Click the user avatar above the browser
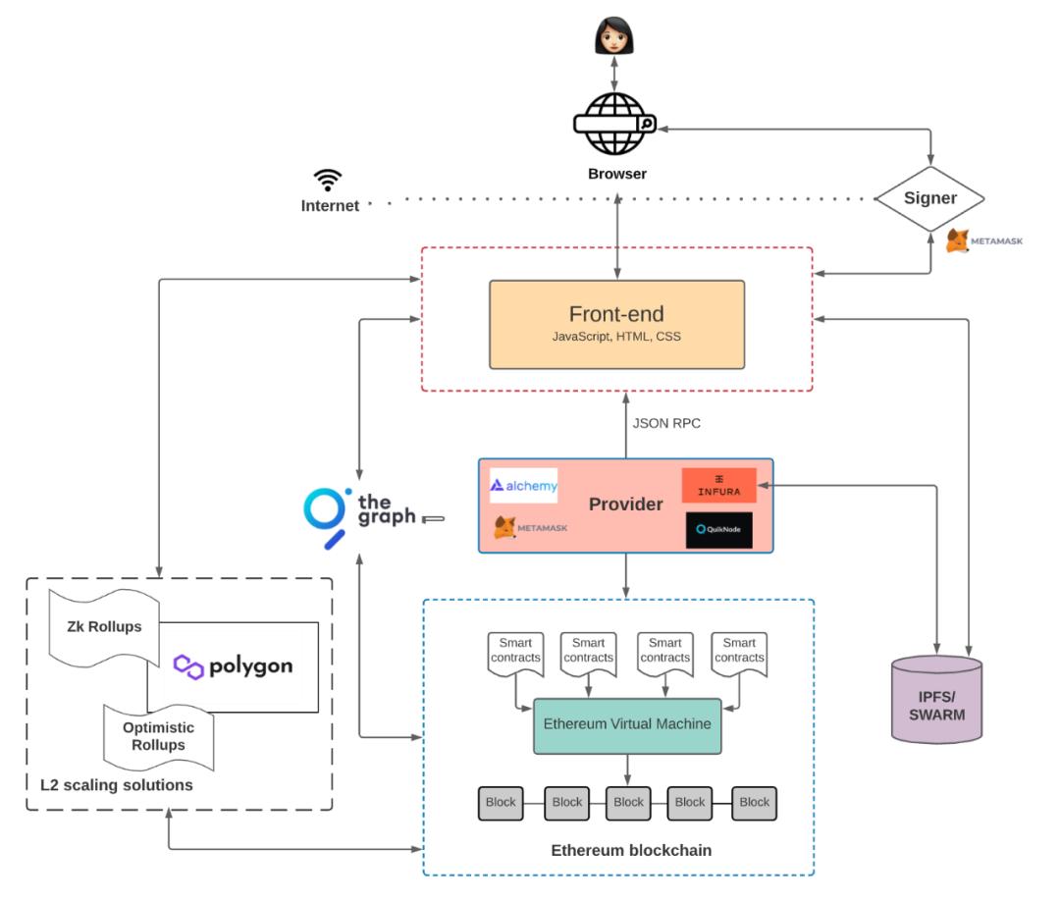[615, 36]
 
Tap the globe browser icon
[615, 125]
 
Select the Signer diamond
[929, 198]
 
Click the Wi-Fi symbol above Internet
[328, 181]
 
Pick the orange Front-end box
[616, 324]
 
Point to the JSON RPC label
[666, 424]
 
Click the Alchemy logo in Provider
[524, 485]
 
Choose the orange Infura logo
[718, 485]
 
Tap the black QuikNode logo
[719, 529]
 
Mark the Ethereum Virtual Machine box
[627, 725]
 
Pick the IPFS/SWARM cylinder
[936, 698]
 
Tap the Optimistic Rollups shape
[158, 736]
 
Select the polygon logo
[234, 666]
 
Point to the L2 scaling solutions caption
[116, 785]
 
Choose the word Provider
[626, 505]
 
